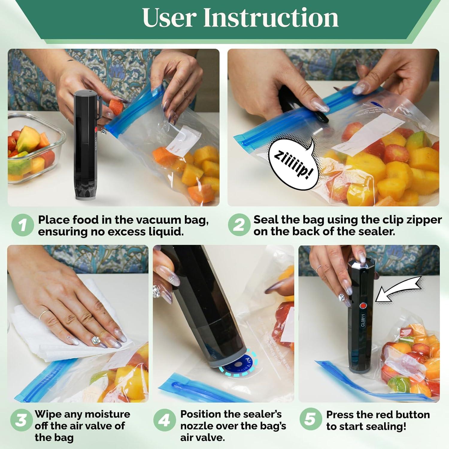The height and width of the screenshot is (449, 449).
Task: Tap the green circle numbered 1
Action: pos(22,225)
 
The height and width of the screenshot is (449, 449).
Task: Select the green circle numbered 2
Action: pos(239,225)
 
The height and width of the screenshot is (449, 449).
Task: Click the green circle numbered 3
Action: pos(21,420)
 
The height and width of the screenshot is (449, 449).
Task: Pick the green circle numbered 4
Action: pos(164,420)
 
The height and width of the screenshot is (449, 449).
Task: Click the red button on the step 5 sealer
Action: pos(363,306)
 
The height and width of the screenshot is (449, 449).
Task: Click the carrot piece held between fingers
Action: pos(114,106)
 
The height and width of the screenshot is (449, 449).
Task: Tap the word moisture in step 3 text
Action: pos(106,414)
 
